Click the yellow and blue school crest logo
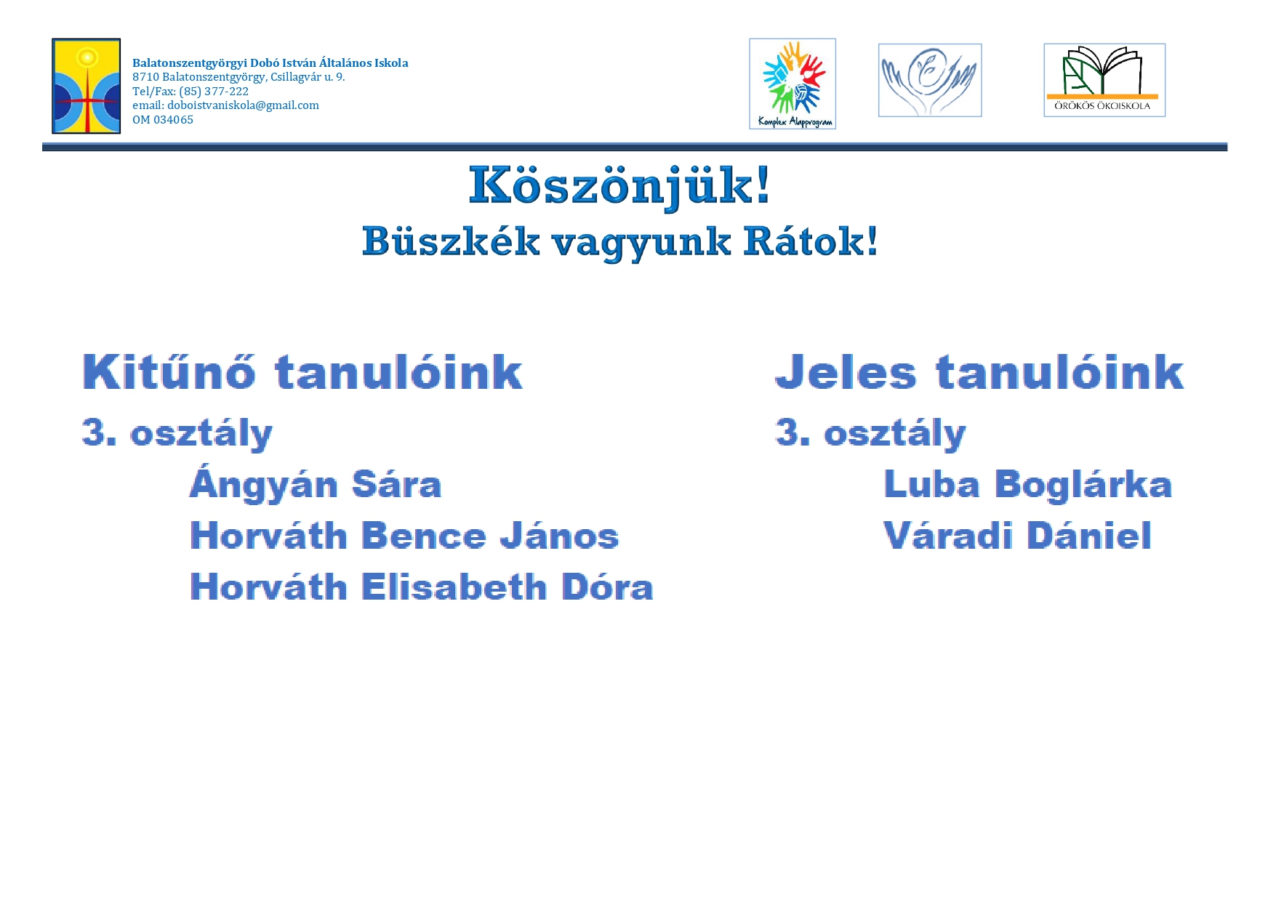86,86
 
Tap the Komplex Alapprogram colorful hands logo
793,84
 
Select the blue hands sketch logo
930,80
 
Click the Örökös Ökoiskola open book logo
1104,80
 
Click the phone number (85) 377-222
214,92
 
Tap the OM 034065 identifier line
163,120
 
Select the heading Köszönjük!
619,186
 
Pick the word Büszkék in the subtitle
451,241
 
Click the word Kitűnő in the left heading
169,372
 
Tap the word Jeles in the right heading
846,372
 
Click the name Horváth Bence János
404,536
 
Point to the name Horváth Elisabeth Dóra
422,587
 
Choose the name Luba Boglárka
1027,484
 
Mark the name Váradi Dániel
1017,536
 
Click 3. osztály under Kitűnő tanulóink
177,434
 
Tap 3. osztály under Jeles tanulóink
870,434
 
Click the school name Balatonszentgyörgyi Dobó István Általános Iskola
270,63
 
